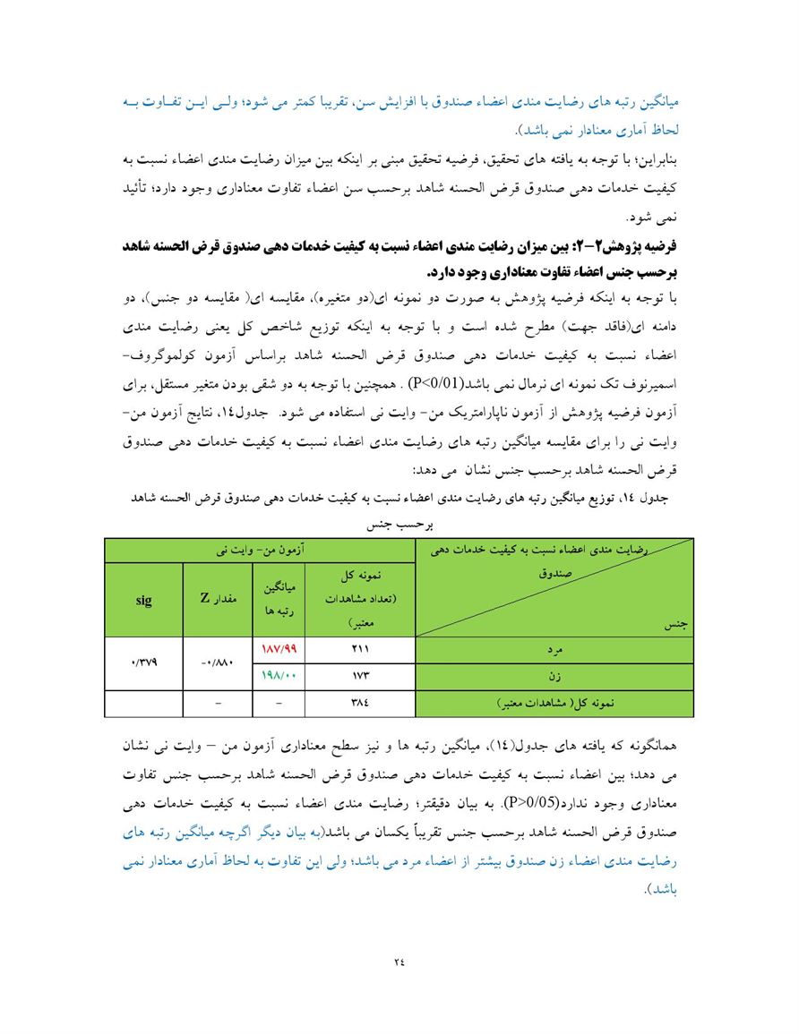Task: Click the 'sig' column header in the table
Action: [x=143, y=600]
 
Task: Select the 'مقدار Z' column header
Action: [x=218, y=600]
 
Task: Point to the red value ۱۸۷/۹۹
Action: [x=279, y=649]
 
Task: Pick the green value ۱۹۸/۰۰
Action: [x=279, y=675]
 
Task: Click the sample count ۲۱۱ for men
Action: [x=360, y=649]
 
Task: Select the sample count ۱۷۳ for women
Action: [x=360, y=675]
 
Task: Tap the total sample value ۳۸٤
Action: [x=360, y=704]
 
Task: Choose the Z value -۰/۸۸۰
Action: [x=218, y=662]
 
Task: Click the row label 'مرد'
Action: [x=553, y=649]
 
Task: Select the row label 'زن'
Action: [x=553, y=675]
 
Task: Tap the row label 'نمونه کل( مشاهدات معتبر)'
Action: [x=553, y=704]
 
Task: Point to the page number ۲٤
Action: [x=399, y=961]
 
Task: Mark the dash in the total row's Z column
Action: [x=218, y=704]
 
